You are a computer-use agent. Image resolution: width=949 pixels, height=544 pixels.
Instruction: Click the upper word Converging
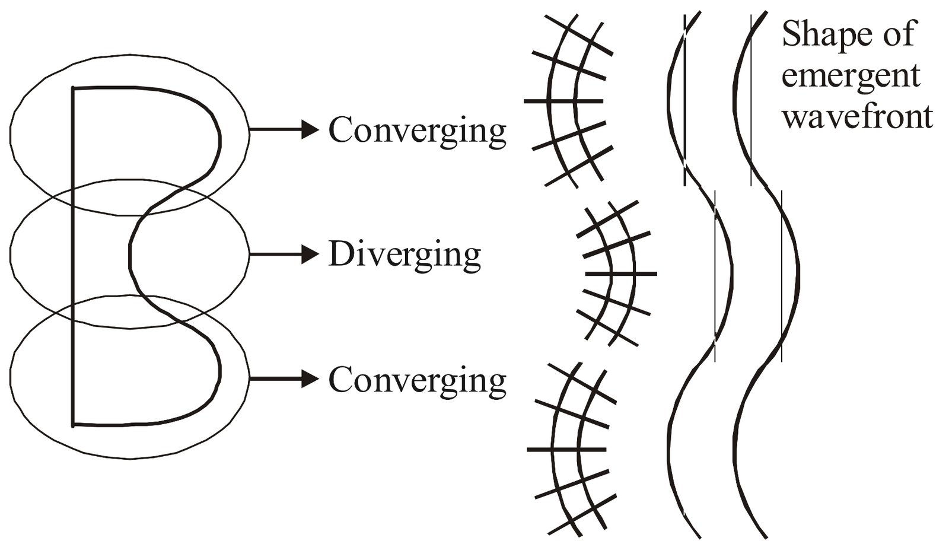417,131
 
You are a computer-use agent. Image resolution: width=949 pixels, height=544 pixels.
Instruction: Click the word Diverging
405,256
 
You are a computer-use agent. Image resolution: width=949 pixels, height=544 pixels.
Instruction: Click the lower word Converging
417,380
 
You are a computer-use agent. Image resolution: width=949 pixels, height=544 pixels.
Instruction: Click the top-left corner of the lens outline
73,89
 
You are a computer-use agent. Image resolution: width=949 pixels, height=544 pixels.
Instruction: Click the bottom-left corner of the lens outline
73,425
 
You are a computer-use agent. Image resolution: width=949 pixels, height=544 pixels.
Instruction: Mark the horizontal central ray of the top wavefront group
563,101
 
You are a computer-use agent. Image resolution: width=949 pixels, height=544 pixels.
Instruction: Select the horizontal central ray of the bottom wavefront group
566,450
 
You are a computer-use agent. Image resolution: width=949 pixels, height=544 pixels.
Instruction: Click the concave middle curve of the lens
130,255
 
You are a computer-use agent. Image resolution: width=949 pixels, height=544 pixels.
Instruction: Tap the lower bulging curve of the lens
219,374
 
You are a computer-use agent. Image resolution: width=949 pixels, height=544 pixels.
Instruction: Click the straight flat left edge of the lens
73,255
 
